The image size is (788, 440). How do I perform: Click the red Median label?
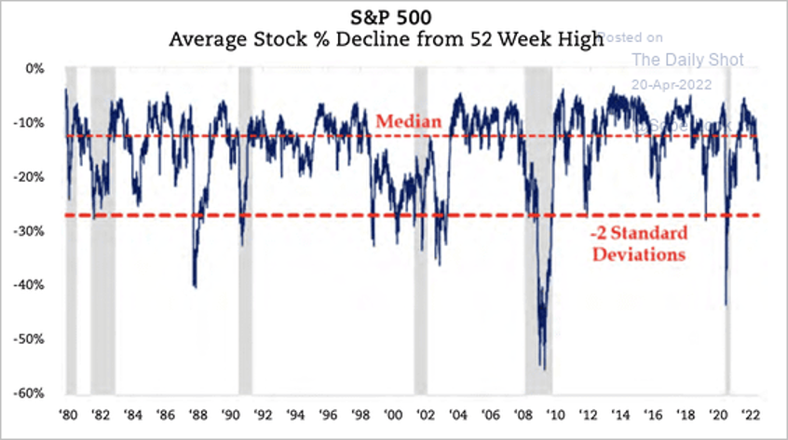[x=401, y=121]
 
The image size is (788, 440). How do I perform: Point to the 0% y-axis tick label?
[x=34, y=69]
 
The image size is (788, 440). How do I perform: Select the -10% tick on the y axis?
[x=30, y=123]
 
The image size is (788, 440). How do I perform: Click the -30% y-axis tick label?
[x=30, y=231]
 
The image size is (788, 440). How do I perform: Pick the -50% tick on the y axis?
[x=30, y=339]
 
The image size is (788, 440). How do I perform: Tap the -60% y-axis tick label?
[x=30, y=393]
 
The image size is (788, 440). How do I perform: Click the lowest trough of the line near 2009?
[x=544, y=369]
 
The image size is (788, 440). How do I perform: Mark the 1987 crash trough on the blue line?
[x=195, y=286]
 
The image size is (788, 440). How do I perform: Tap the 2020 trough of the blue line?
[x=726, y=304]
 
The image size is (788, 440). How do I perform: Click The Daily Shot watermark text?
[x=687, y=60]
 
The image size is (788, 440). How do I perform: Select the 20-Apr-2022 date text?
[x=671, y=83]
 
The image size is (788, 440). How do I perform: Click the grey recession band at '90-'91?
[x=245, y=233]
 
